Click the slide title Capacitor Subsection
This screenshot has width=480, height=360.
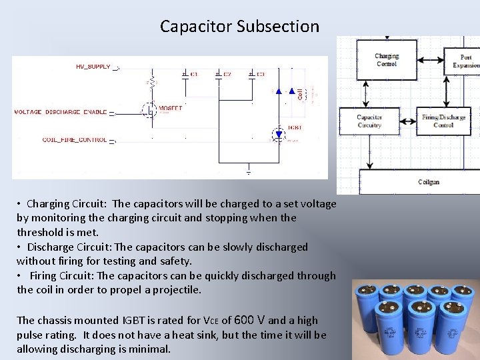point(239,27)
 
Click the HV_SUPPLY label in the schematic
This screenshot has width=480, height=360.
point(93,67)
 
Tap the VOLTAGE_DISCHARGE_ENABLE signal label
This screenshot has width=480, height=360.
point(61,112)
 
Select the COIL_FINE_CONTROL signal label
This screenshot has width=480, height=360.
point(75,140)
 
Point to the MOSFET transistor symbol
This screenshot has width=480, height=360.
point(150,109)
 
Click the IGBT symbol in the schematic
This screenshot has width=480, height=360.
point(279,135)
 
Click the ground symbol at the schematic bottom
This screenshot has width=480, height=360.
point(248,172)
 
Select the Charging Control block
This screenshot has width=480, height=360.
point(387,61)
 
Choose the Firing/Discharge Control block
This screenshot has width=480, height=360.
point(443,121)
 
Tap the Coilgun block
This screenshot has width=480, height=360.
point(428,181)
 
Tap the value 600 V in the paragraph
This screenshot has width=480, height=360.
point(253,320)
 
